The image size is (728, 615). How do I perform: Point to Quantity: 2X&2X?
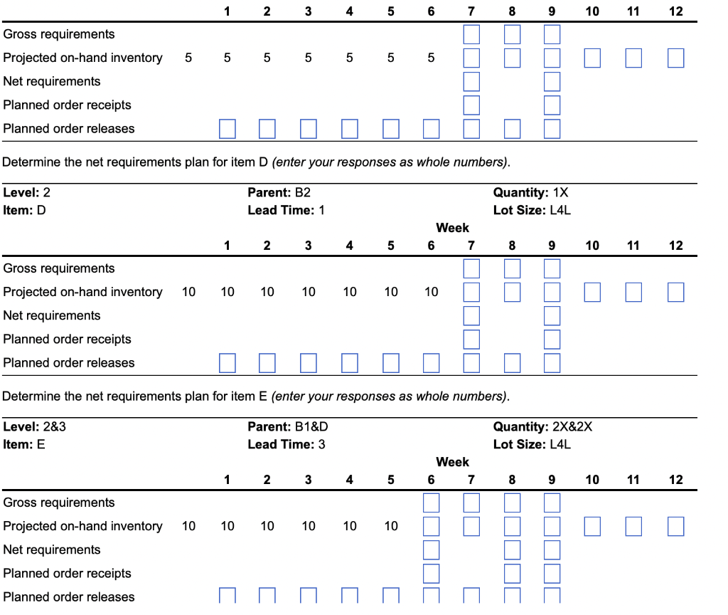click(x=542, y=426)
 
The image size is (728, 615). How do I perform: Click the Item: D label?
click(x=24, y=210)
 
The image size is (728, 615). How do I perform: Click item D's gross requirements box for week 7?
click(x=471, y=268)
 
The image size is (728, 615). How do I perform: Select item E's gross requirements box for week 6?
click(x=431, y=503)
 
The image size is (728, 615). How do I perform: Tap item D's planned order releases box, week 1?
click(x=227, y=363)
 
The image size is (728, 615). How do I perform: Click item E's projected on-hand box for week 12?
click(x=675, y=526)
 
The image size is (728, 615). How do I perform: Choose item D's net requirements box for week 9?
click(x=552, y=315)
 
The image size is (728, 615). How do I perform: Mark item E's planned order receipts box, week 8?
click(x=512, y=573)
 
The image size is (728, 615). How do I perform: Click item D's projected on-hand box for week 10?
click(x=592, y=292)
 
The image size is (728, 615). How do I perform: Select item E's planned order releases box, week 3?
click(x=309, y=596)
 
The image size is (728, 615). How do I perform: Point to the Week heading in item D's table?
click(x=452, y=228)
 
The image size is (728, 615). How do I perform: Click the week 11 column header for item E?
click(x=633, y=480)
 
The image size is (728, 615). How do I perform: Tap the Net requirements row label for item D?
click(x=52, y=315)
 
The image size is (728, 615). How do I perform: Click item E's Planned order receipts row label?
click(x=68, y=573)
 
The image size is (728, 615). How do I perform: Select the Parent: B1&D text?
click(x=287, y=426)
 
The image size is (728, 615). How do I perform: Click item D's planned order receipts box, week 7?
click(x=471, y=339)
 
